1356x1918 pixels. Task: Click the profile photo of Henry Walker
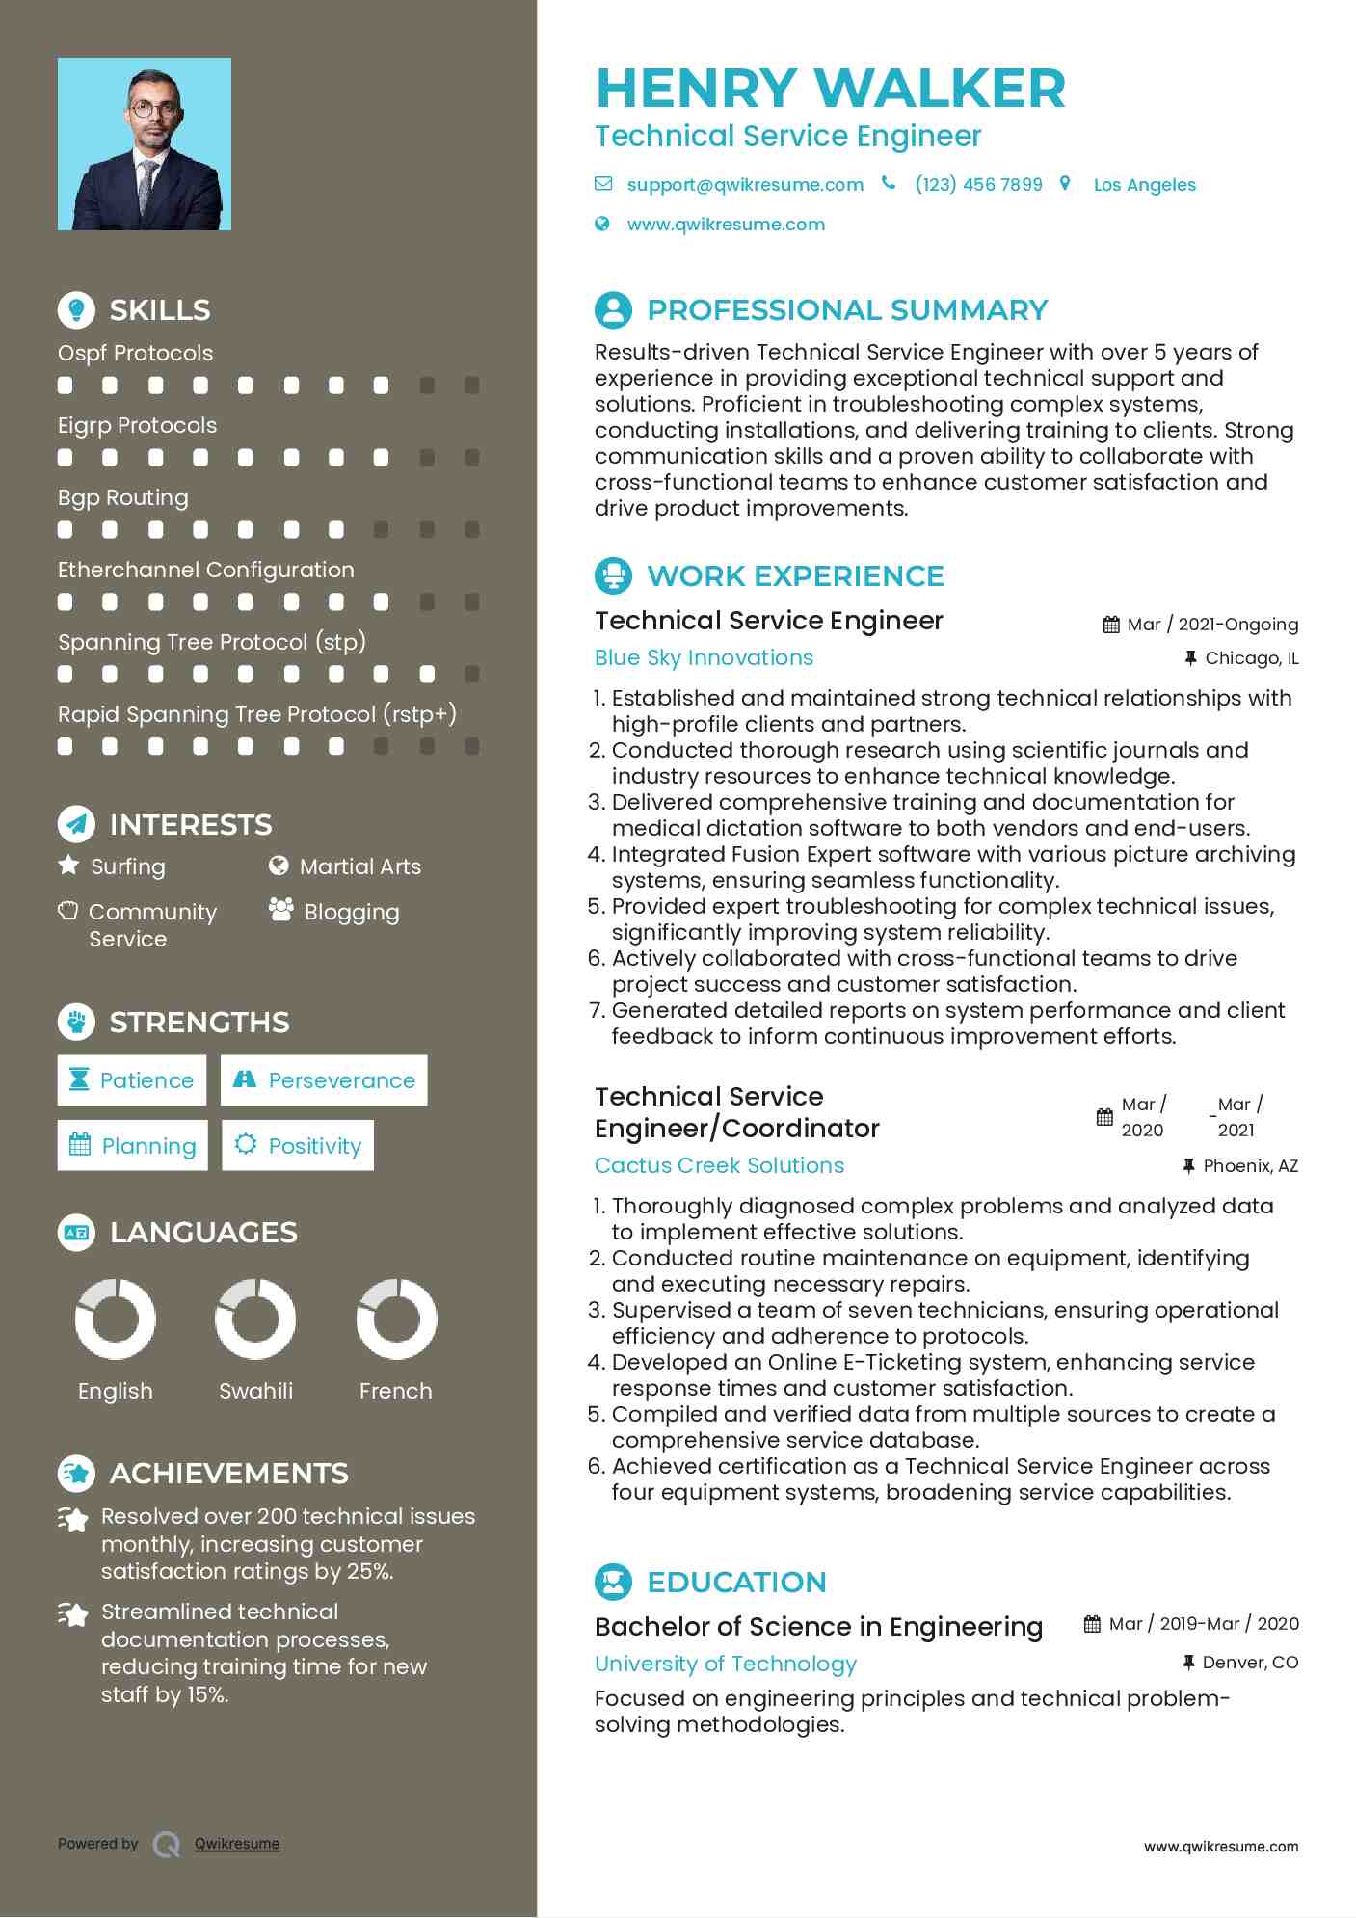(x=145, y=144)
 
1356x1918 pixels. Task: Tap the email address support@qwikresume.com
(x=744, y=185)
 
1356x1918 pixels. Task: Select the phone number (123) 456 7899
(x=978, y=185)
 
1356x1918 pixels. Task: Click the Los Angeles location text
(x=1144, y=185)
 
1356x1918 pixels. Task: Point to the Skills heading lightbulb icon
(x=76, y=310)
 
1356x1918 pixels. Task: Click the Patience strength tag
(x=132, y=1080)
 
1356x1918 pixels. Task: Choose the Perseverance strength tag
(x=324, y=1080)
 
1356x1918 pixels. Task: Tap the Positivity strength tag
(x=298, y=1145)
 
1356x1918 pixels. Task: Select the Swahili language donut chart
(x=255, y=1319)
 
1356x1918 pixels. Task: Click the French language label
(x=395, y=1391)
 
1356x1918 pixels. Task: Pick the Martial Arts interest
(x=359, y=866)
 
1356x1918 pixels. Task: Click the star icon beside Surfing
(x=68, y=865)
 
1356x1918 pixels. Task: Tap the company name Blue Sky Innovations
(x=704, y=657)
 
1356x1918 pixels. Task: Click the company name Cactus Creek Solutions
(x=719, y=1165)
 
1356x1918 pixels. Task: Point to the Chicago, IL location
(x=1251, y=658)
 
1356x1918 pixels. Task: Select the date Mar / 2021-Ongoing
(x=1212, y=625)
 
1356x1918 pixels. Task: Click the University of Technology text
(x=725, y=1664)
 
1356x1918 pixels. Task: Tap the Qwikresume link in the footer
(x=237, y=1844)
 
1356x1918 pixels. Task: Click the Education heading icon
(x=613, y=1582)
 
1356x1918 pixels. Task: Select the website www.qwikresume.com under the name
(x=726, y=225)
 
